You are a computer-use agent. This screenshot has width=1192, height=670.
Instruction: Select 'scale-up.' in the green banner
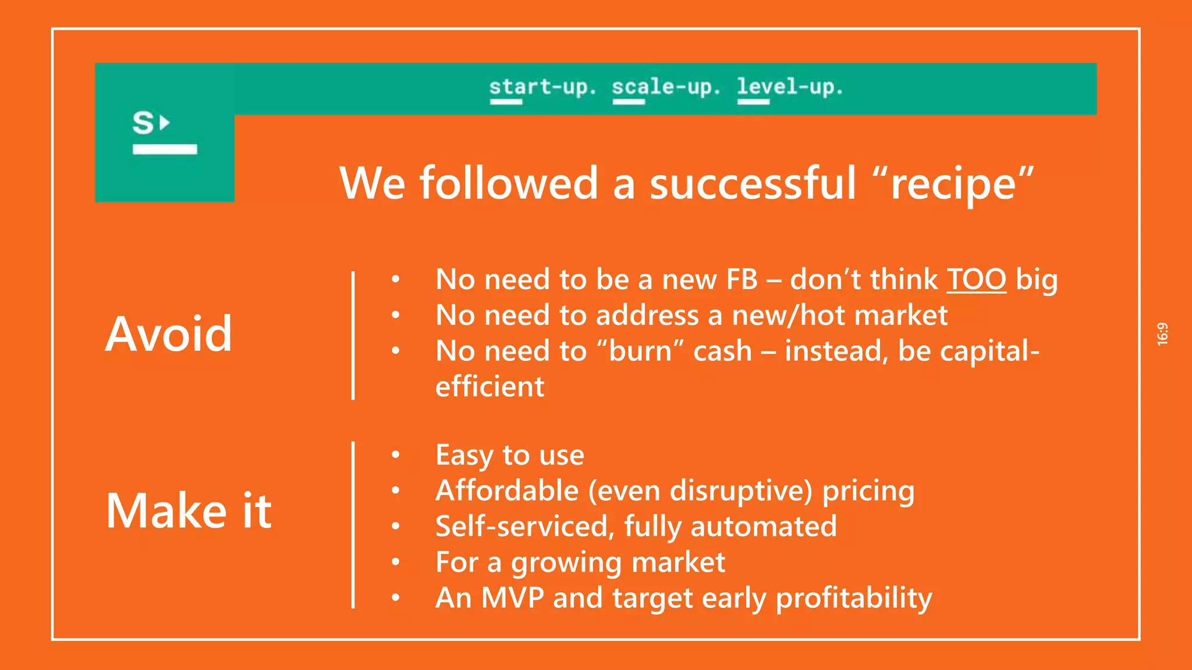click(x=666, y=87)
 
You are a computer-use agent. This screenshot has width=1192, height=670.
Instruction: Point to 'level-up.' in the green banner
click(x=790, y=87)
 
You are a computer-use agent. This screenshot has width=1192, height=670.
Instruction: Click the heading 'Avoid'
click(x=169, y=334)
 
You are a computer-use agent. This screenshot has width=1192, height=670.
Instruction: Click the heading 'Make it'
click(x=189, y=511)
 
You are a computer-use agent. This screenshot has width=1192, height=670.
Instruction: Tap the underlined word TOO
click(x=976, y=280)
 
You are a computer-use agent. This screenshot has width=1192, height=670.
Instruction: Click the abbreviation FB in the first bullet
click(x=741, y=280)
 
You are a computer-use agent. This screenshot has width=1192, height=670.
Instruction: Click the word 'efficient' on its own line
click(x=489, y=387)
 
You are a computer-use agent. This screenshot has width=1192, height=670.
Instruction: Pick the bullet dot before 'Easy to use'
click(x=396, y=455)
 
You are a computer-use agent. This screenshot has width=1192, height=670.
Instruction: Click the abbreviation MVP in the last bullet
click(x=512, y=598)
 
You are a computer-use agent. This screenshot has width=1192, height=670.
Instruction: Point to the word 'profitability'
click(x=854, y=598)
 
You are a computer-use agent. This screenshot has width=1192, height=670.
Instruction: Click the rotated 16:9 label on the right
click(x=1162, y=334)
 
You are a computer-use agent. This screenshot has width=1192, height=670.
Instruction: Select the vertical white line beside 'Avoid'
click(x=353, y=335)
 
